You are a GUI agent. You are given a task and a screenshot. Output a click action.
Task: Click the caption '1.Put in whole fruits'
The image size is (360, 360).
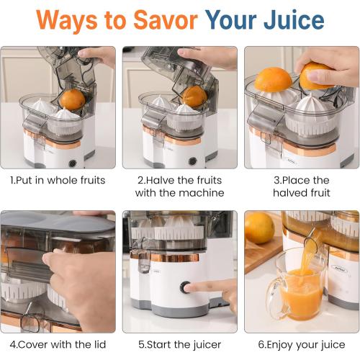pos(58,179)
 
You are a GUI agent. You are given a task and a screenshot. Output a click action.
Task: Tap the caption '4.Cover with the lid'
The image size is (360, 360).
pos(58,344)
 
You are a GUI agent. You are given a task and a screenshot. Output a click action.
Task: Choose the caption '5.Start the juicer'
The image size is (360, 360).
pos(179,344)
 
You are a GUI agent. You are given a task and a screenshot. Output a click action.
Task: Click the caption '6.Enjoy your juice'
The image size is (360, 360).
pos(301,344)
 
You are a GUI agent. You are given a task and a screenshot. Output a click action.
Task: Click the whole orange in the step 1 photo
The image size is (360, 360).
pos(72,99)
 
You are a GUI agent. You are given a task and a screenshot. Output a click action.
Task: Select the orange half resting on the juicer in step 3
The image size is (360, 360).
pos(273,80)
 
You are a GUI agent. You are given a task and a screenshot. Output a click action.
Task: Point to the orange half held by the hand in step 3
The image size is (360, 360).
pos(317,76)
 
